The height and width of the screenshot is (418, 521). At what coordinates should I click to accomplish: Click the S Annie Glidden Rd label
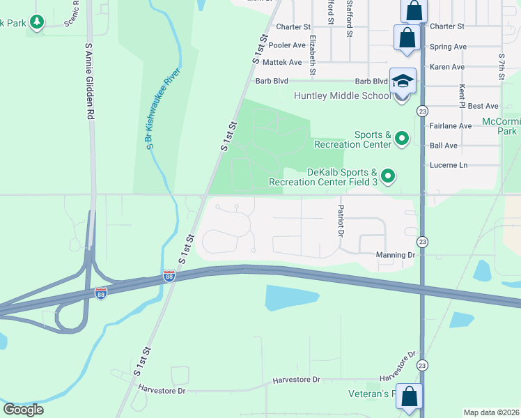tap(89, 82)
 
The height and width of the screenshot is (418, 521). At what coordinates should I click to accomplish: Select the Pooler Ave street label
tap(288, 45)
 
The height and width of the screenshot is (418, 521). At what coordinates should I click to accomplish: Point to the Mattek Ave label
tap(282, 62)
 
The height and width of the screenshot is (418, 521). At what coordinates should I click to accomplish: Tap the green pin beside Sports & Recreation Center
tap(401, 139)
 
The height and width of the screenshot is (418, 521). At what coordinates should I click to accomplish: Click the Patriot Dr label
tap(341, 221)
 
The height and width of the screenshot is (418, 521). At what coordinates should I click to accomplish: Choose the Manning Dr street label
tap(395, 255)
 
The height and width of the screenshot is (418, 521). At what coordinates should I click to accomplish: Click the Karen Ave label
tap(447, 67)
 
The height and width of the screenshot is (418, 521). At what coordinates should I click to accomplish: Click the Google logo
tap(23, 409)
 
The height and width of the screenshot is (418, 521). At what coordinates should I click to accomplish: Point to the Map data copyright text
tap(490, 412)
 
